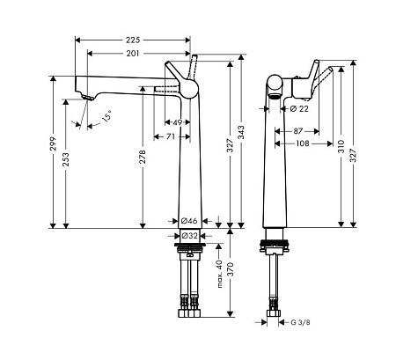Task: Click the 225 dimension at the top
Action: point(132,40)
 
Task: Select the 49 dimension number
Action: point(177,122)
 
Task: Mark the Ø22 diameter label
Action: point(299,108)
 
